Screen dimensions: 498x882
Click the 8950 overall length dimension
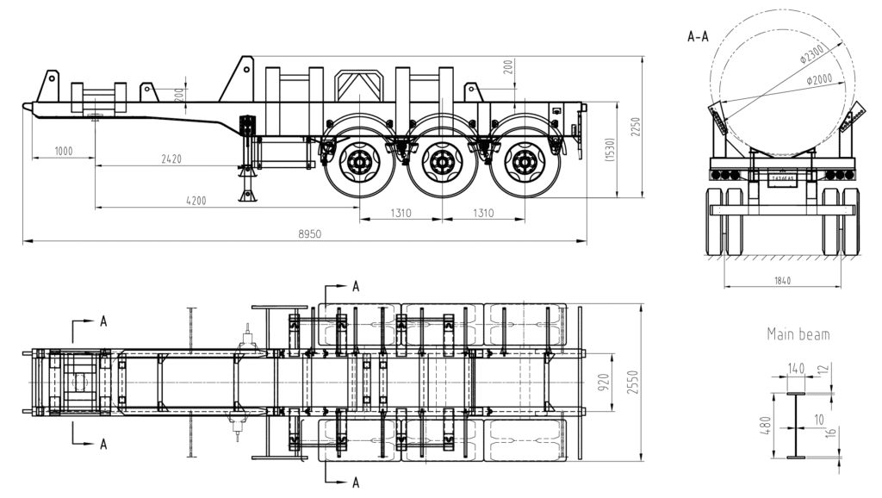(x=304, y=233)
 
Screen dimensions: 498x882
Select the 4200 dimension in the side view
(x=196, y=201)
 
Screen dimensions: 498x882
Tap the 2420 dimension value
(x=172, y=159)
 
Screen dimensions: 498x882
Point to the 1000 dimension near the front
(x=63, y=151)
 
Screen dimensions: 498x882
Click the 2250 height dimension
(x=637, y=128)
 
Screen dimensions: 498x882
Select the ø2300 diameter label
(x=812, y=54)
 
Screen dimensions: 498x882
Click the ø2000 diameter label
(x=819, y=79)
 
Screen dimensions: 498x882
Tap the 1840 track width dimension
(x=782, y=280)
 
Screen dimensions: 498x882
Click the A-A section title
(x=698, y=36)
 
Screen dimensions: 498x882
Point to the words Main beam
(x=798, y=334)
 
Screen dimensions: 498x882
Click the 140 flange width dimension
(x=795, y=369)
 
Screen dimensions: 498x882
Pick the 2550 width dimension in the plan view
(x=634, y=382)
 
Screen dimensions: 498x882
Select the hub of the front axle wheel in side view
(x=360, y=161)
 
